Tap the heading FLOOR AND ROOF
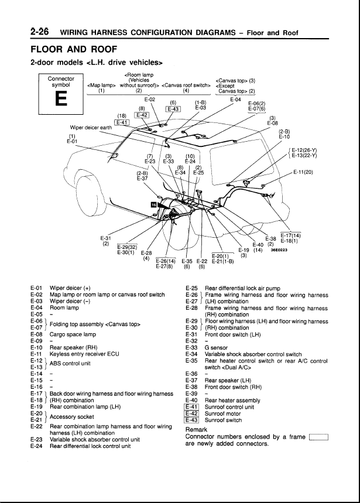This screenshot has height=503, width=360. pos(74,49)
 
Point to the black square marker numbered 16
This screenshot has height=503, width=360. pos(154,205)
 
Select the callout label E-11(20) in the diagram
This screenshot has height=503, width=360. pos(303,172)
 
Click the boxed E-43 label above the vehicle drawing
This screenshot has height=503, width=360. pos(173,108)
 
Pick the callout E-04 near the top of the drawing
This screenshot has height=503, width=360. pos(236,100)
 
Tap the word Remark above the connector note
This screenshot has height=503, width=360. pos(196,429)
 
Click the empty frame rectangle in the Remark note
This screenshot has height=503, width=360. pos(318,436)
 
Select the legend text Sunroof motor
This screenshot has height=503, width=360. pos(222,413)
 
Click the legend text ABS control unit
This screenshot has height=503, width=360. pos(70,363)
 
